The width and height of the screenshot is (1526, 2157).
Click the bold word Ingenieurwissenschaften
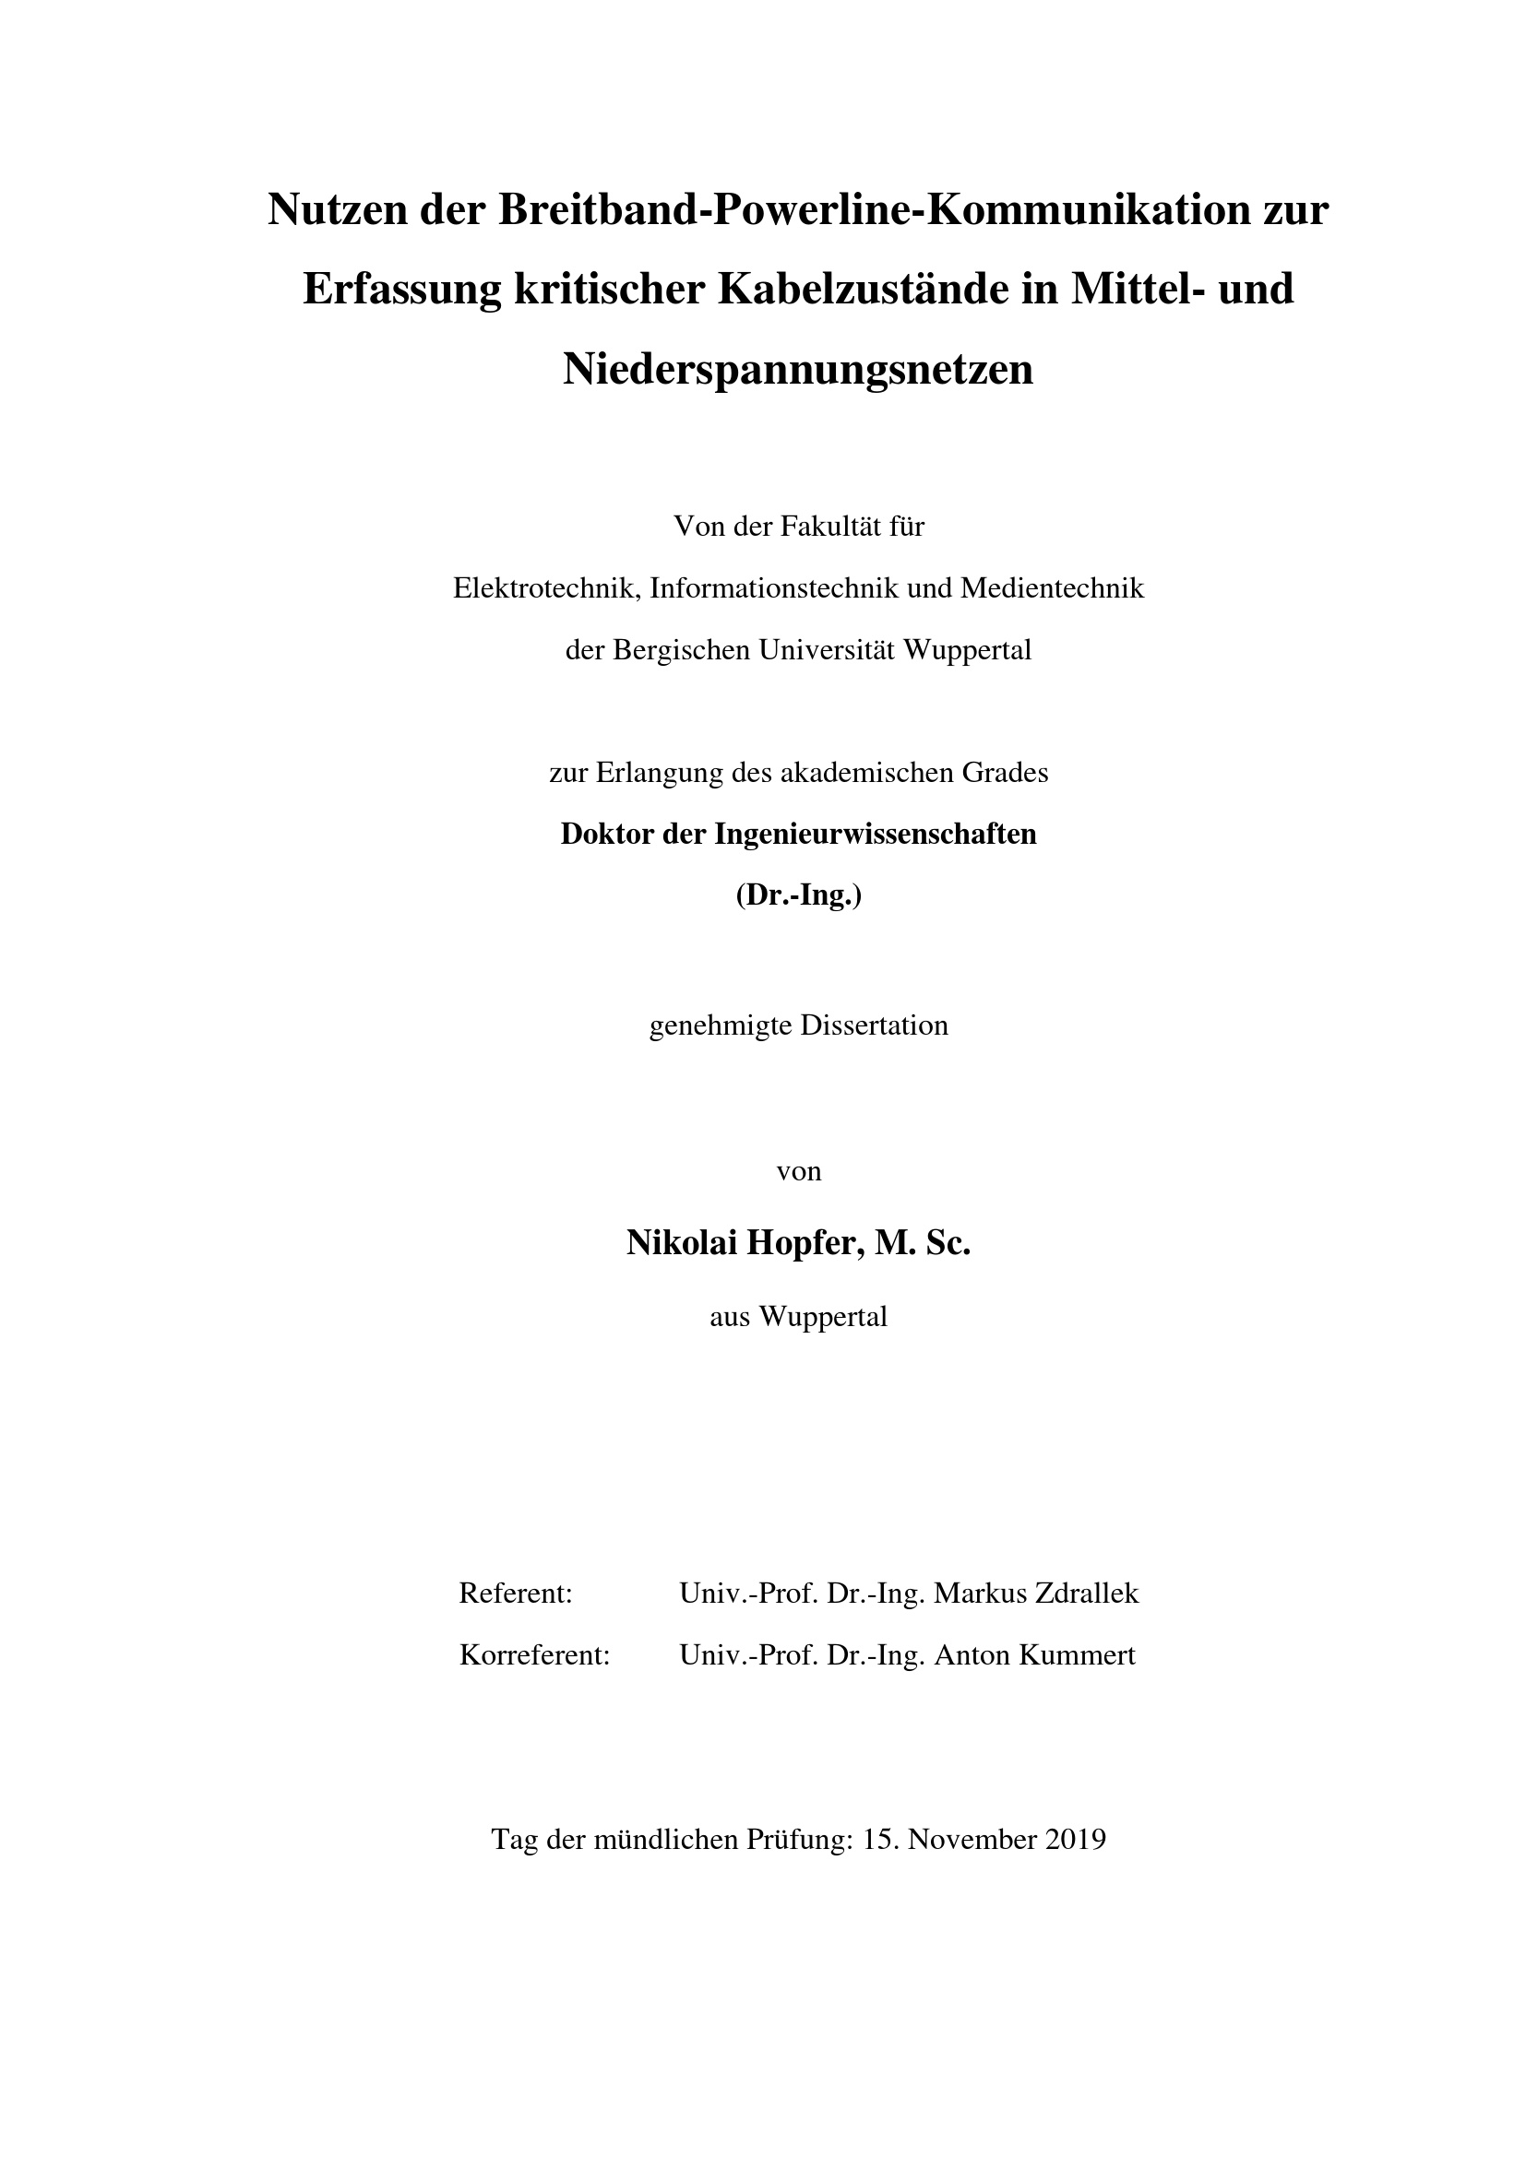(876, 834)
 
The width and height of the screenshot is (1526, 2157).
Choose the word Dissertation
(874, 1025)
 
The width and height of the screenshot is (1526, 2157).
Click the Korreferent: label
(535, 1655)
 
